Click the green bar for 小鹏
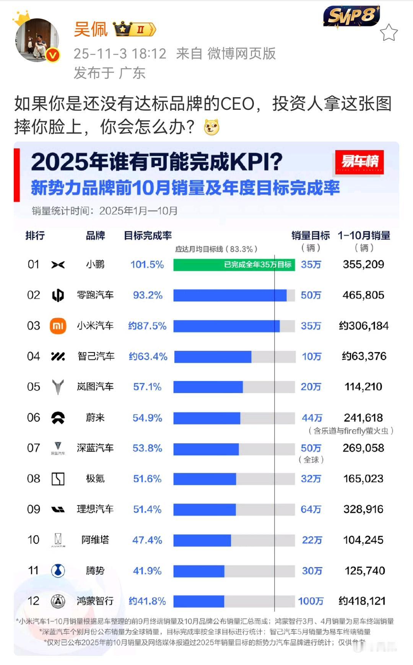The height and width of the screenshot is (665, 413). (x=234, y=265)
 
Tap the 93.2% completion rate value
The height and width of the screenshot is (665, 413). (x=148, y=295)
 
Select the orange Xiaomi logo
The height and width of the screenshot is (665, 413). (x=58, y=326)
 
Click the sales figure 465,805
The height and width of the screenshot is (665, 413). (x=363, y=295)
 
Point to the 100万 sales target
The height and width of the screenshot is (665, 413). (x=311, y=601)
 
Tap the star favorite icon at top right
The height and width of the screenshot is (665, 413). (x=389, y=33)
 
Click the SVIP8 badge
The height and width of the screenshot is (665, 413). (x=351, y=16)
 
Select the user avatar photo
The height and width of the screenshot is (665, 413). (x=37, y=39)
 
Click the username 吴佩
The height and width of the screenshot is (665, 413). (x=91, y=29)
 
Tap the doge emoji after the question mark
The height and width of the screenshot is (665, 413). (x=211, y=127)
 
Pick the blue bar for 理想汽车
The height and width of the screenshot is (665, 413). (x=204, y=510)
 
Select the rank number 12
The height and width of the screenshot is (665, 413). (x=33, y=601)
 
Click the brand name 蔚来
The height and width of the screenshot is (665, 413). (x=95, y=418)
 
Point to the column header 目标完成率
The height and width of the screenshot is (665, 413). (x=148, y=236)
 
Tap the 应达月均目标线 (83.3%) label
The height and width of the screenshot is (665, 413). (x=216, y=249)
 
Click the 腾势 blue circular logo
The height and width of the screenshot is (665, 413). (x=58, y=570)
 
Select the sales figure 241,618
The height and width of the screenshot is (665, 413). (x=363, y=418)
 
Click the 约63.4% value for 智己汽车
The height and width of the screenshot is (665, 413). (x=148, y=357)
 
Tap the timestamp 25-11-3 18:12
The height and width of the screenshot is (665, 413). (x=120, y=54)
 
